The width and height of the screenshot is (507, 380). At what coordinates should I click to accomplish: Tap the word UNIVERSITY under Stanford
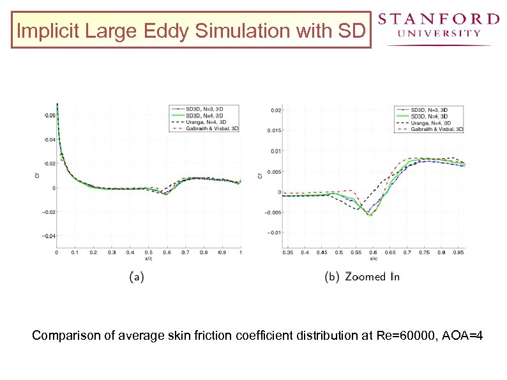click(x=439, y=33)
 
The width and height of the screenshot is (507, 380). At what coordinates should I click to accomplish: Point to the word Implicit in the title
click(x=40, y=31)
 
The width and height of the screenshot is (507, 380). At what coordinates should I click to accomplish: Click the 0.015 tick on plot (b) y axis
click(x=273, y=131)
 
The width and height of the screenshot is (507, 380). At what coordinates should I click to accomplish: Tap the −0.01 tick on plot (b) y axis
click(x=273, y=232)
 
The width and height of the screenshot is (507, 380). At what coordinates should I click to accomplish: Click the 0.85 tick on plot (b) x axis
click(x=458, y=253)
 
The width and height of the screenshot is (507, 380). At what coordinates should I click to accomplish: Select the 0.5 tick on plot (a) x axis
click(x=148, y=252)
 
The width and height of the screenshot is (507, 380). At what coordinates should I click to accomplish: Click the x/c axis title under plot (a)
click(x=148, y=259)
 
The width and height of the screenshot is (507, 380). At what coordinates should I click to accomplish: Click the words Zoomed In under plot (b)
click(x=372, y=277)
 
